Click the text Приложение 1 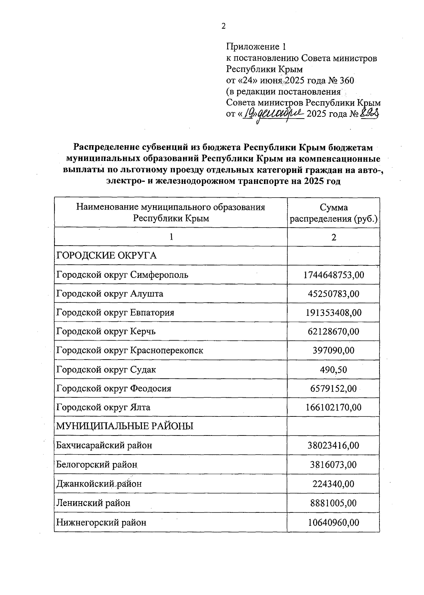(x=255, y=47)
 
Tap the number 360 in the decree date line (x=346, y=80)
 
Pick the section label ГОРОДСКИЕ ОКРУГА (x=106, y=256)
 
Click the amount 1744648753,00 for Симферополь (x=334, y=275)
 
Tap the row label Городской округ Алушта (x=110, y=294)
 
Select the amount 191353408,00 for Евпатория (x=334, y=313)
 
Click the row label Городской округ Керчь (x=106, y=331)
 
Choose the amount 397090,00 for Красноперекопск (x=334, y=351)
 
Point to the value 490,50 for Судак (x=334, y=370)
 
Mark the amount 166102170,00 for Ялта (x=334, y=408)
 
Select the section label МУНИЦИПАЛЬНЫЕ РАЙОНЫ (x=125, y=426)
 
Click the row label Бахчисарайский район (x=104, y=445)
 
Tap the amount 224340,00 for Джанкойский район (x=334, y=484)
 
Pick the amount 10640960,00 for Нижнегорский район (x=334, y=522)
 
